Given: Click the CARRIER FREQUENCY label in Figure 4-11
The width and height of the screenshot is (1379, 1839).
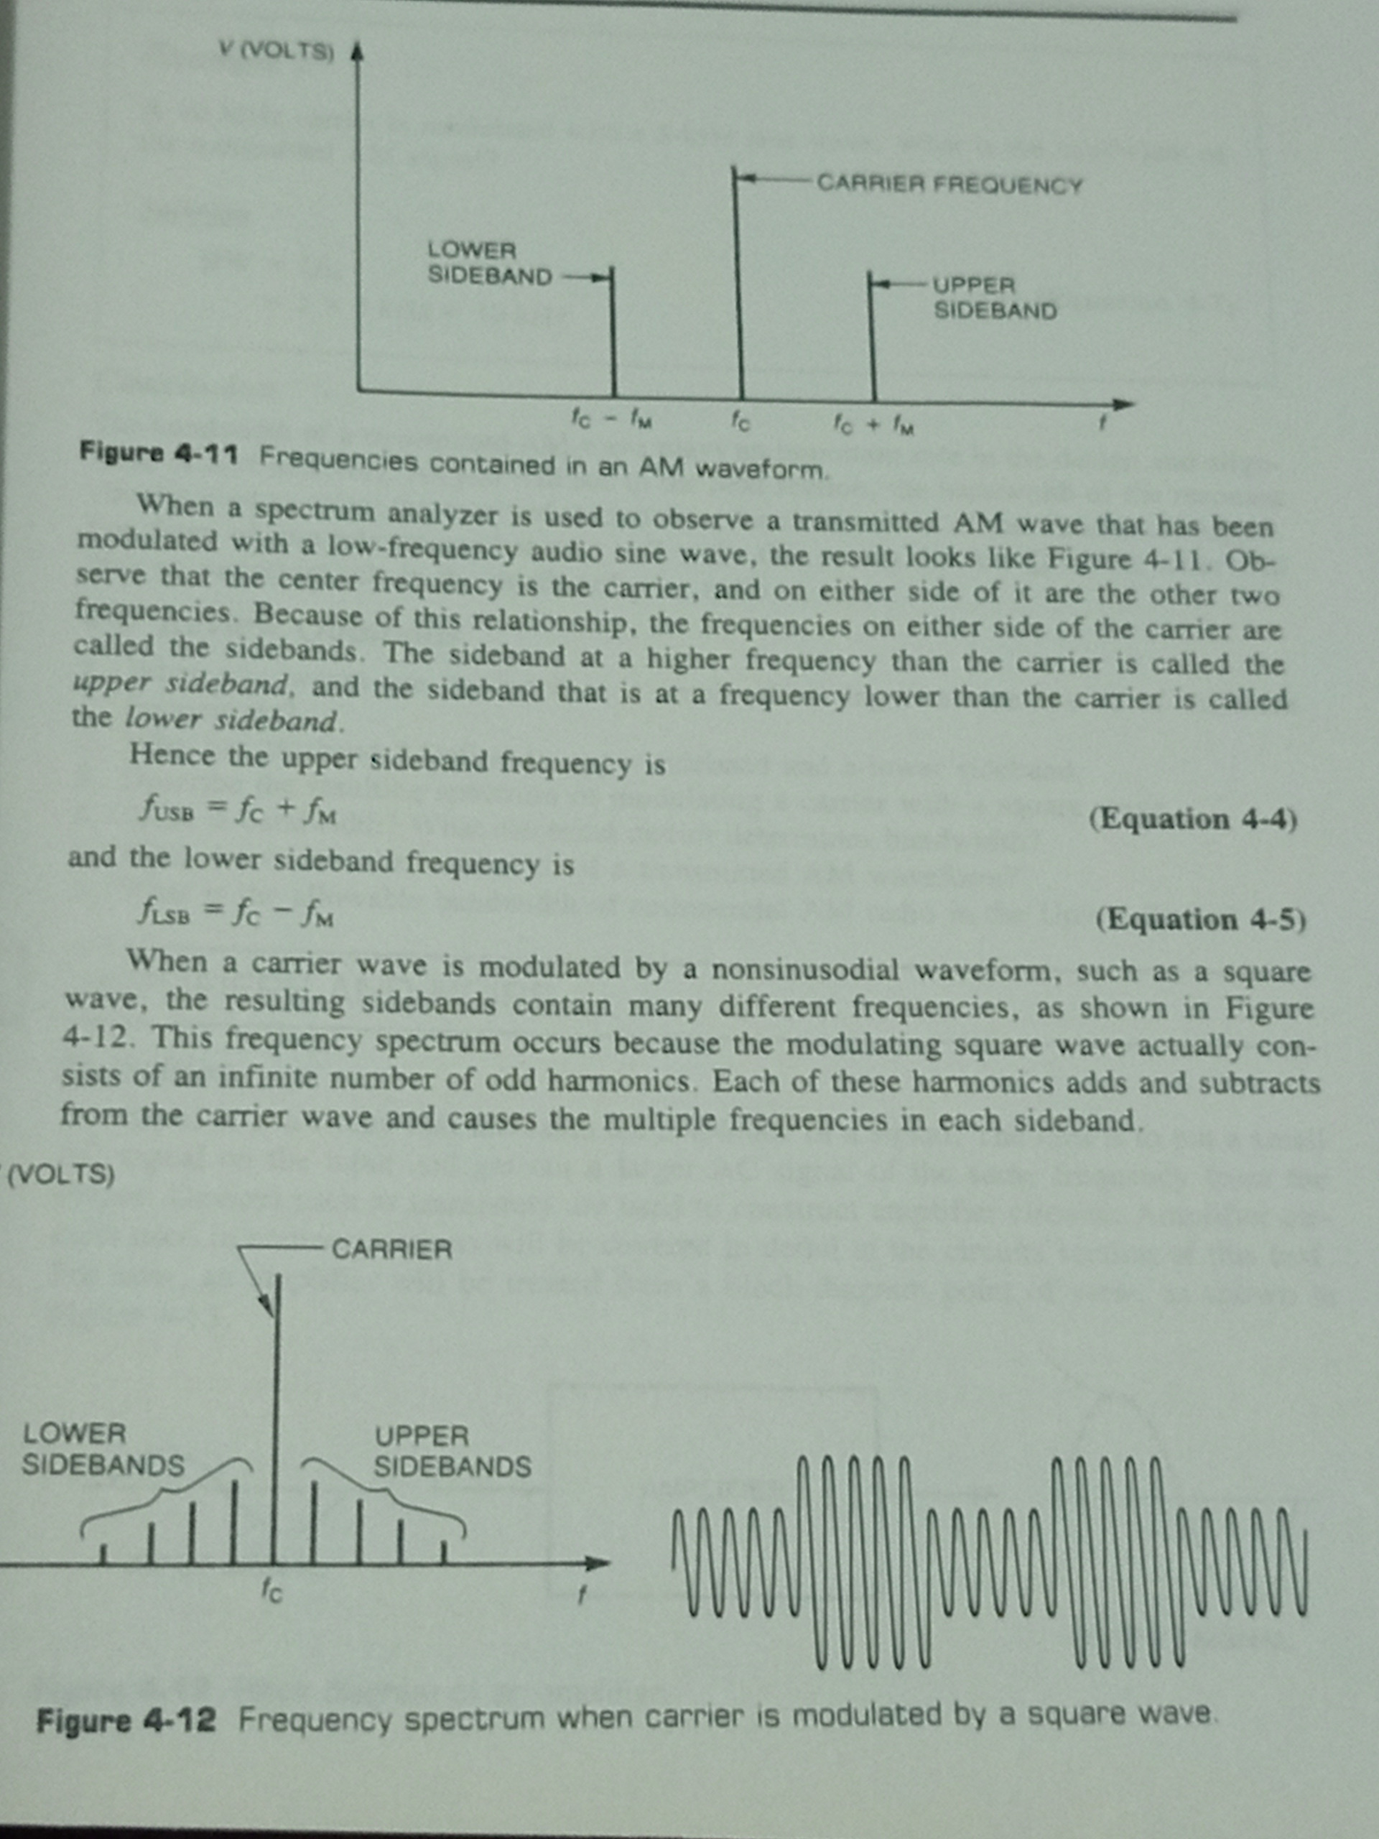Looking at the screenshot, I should point(949,183).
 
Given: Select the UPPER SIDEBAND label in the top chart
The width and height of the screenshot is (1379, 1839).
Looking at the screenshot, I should point(994,297).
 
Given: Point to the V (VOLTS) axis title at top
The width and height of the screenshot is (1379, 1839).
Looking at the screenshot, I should point(276,51).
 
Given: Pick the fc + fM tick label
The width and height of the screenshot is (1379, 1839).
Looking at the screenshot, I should point(873,427).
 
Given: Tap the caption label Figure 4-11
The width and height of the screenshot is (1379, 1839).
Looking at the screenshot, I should point(159,454).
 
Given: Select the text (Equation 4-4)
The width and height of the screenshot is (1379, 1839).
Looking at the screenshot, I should point(1192,820).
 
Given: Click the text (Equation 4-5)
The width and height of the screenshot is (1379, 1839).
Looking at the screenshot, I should point(1199,919).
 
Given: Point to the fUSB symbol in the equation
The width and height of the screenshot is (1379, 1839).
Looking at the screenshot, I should point(166,809).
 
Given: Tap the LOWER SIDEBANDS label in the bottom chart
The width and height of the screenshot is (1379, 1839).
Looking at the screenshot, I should point(102,1450).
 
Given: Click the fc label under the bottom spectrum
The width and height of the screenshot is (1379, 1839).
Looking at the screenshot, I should point(271,1590).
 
